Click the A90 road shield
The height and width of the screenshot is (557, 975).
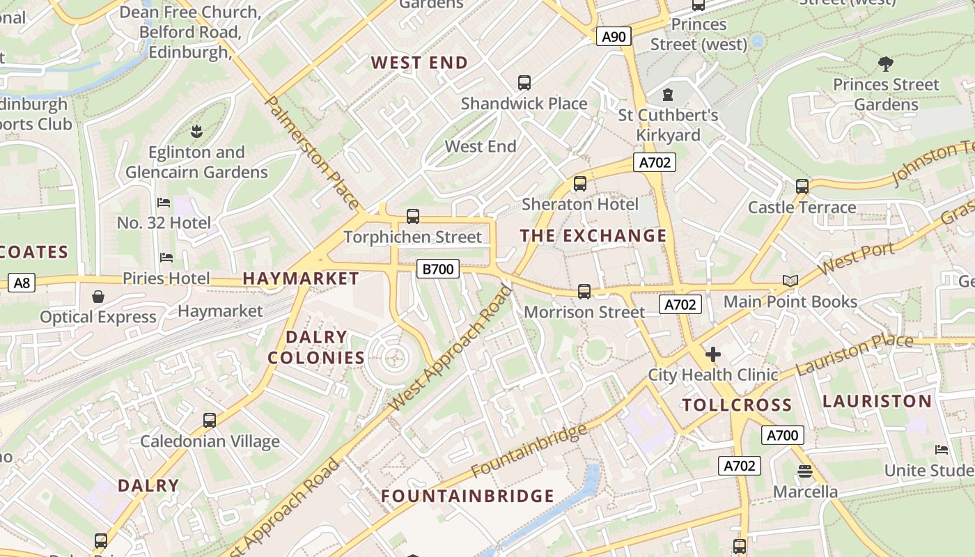click(x=614, y=36)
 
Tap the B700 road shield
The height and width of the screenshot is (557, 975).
click(x=438, y=269)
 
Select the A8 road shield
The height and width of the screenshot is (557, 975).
click(x=22, y=283)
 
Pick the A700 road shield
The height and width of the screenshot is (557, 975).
click(x=782, y=436)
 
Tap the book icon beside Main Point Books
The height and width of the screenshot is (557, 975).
click(x=790, y=281)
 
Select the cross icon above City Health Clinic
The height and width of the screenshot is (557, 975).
click(x=712, y=354)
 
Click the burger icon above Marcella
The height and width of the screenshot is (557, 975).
click(x=805, y=471)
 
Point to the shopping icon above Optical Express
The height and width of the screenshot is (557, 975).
click(x=98, y=297)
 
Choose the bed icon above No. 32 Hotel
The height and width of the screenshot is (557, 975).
click(x=164, y=203)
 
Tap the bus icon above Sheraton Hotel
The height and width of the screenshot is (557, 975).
click(x=579, y=184)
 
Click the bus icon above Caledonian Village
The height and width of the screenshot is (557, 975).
click(x=210, y=421)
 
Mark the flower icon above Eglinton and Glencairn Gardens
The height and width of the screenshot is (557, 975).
click(x=196, y=131)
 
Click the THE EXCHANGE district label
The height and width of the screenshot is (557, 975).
click(x=593, y=236)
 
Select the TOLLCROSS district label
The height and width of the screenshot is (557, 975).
click(x=737, y=405)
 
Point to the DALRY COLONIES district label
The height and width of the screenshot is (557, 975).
click(x=316, y=347)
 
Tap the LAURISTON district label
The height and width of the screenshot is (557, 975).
click(x=877, y=401)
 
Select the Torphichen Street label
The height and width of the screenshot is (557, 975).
click(x=412, y=237)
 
